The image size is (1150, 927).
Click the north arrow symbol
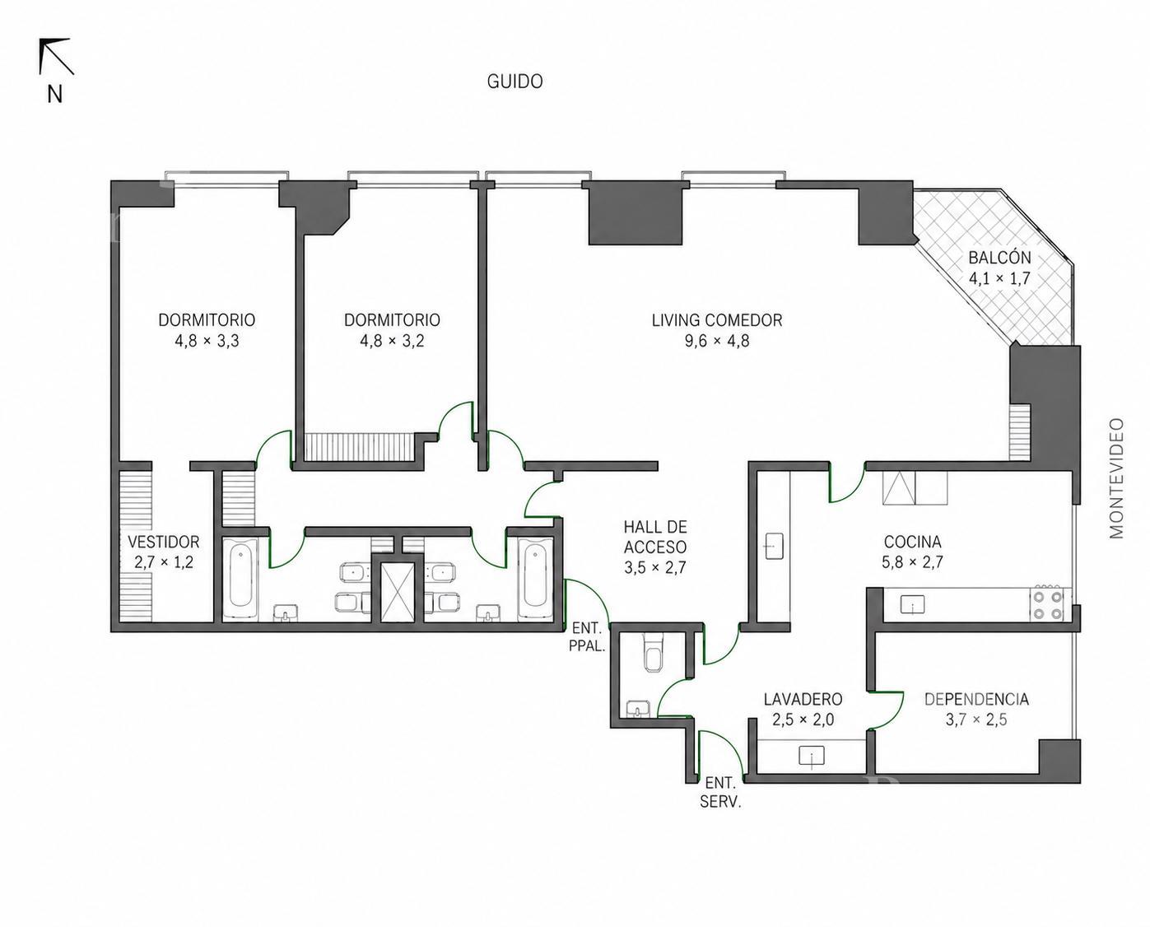(x=55, y=56)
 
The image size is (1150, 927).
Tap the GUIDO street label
(x=514, y=82)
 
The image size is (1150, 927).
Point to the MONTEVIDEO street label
(x=1116, y=478)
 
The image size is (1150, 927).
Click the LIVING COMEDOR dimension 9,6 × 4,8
(x=717, y=341)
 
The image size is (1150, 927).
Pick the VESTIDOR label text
(x=164, y=542)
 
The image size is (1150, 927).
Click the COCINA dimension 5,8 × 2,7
(x=912, y=562)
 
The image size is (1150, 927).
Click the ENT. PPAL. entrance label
(x=587, y=637)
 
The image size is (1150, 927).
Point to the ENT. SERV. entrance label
(x=720, y=792)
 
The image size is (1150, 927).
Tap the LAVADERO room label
(x=803, y=699)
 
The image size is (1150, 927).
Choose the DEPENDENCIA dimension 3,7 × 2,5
(x=975, y=720)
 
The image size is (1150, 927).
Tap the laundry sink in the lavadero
(x=811, y=756)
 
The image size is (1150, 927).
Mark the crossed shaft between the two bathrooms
(x=397, y=592)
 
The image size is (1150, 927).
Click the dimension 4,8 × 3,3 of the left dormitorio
(x=207, y=341)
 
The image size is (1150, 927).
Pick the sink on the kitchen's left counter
(x=774, y=546)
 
